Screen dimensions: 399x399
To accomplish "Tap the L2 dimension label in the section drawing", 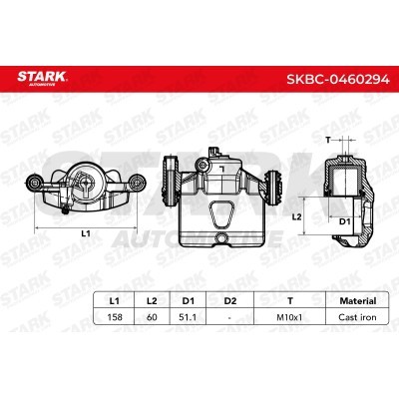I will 296,215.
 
